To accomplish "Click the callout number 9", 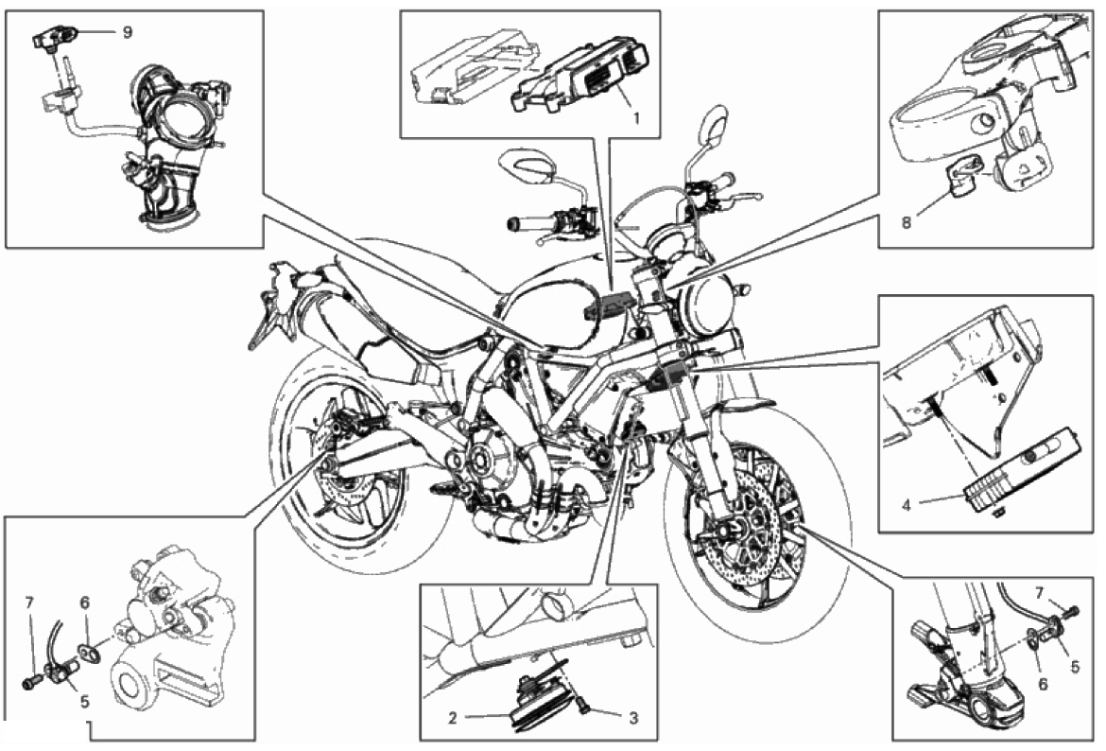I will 127,32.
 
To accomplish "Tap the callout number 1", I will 636,119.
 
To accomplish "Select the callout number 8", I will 907,223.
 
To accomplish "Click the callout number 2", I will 454,718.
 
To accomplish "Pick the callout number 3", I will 633,718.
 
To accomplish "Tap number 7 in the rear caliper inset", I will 29,603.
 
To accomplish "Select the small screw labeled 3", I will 585,706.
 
